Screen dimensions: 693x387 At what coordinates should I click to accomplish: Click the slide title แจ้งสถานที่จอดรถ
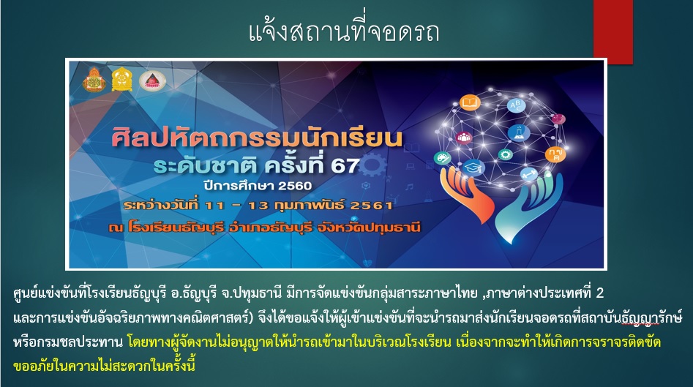344,31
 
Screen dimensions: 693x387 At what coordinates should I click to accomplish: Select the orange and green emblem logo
94,80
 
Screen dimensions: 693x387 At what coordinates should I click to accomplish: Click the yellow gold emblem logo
121,80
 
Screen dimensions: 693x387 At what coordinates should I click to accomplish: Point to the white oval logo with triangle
152,81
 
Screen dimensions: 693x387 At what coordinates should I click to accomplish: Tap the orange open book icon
469,103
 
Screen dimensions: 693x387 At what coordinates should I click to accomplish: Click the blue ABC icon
516,105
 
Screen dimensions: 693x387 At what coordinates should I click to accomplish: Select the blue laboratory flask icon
518,132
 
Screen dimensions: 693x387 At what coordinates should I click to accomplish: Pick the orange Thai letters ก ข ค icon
555,154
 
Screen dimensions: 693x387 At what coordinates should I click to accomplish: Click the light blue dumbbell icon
529,175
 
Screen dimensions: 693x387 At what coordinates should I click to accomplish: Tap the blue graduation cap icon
473,168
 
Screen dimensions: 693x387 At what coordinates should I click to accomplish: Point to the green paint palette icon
442,157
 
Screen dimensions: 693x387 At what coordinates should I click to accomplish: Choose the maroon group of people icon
463,138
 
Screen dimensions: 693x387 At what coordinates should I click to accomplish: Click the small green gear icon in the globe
505,154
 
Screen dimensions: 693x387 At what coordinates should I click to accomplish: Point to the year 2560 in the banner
295,185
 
